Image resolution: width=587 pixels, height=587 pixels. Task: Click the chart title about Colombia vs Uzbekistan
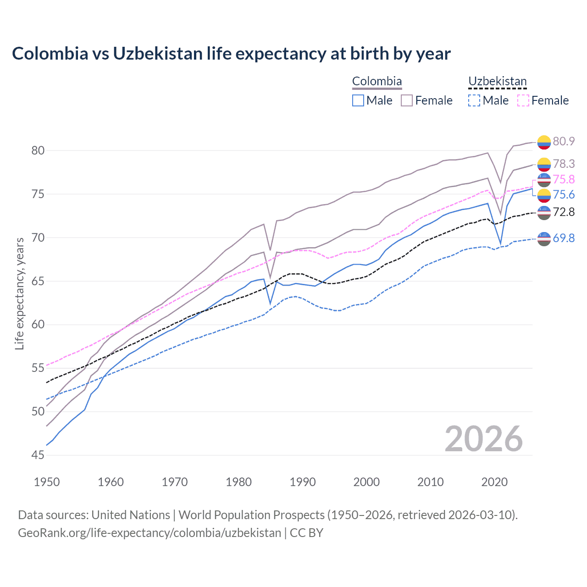tap(231, 54)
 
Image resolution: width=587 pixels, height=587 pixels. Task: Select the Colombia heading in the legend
tap(377, 82)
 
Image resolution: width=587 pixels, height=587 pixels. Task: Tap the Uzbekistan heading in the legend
tap(497, 82)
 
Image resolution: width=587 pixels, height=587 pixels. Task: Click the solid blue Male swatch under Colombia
tap(358, 100)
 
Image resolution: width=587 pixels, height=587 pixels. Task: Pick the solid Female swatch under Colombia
tap(407, 100)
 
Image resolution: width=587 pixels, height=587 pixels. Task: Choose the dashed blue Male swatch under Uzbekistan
tap(474, 100)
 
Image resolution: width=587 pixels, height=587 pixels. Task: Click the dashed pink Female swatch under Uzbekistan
tap(523, 100)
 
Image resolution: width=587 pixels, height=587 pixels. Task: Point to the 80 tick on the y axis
tap(38, 150)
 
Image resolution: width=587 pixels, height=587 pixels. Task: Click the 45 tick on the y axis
tap(38, 455)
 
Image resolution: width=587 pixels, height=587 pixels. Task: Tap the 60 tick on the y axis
tap(38, 325)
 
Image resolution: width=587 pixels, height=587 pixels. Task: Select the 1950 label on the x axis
tap(47, 482)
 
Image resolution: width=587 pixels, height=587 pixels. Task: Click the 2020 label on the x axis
tap(494, 482)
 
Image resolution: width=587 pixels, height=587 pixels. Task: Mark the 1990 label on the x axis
tap(303, 482)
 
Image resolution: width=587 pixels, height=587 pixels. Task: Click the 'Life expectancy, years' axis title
tap(19, 293)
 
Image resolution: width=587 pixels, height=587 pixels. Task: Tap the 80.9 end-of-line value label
tap(564, 141)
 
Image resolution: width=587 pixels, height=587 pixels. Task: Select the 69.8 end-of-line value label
tap(564, 238)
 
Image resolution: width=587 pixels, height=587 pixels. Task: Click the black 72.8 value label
tap(564, 212)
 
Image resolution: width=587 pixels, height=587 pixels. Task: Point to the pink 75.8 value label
tap(564, 179)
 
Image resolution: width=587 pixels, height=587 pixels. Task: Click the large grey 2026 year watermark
tap(483, 439)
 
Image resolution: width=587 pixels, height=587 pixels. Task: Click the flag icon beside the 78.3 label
tap(544, 164)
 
